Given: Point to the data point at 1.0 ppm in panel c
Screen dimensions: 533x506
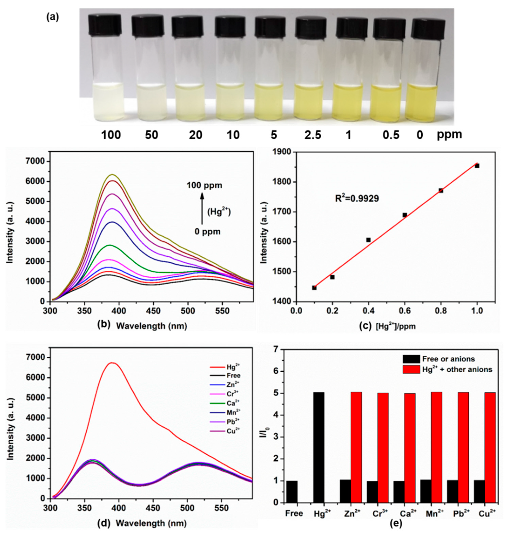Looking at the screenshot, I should [x=477, y=166].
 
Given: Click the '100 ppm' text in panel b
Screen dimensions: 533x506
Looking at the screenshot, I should [x=205, y=185].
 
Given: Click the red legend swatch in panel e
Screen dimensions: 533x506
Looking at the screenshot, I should [x=411, y=369].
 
